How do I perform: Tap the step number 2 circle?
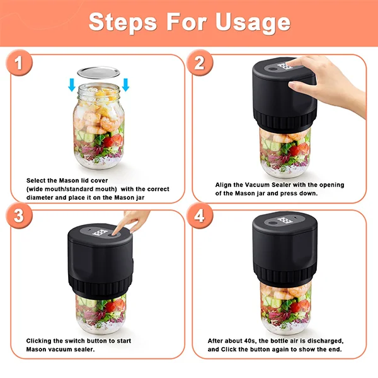200,64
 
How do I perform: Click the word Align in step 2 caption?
224,185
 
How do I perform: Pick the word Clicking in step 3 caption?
42,341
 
